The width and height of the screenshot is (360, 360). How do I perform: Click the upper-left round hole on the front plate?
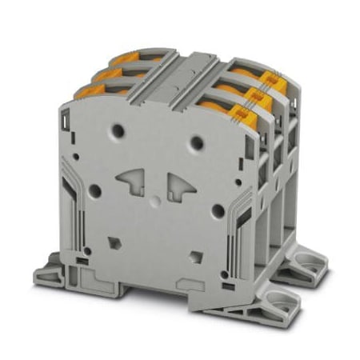coord(119,129)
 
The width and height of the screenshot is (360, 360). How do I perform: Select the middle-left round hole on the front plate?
coord(94,190)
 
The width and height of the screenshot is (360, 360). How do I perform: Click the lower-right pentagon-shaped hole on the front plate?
coord(194,258)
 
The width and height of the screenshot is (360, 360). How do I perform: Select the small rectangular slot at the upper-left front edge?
coord(64,124)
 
